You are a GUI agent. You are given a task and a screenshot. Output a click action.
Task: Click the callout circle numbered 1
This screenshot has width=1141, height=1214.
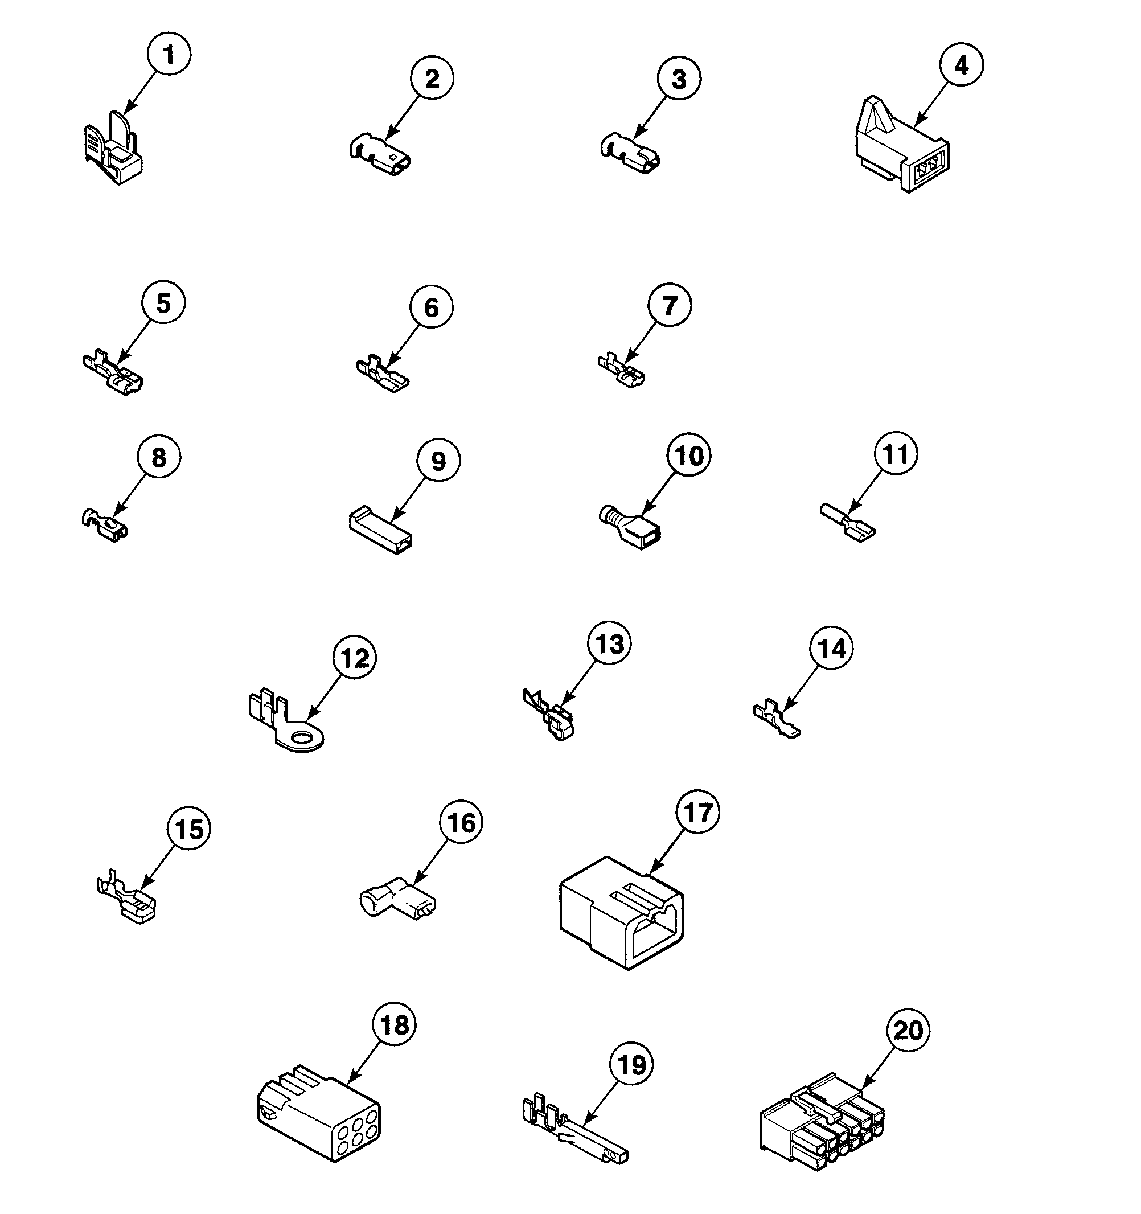169,54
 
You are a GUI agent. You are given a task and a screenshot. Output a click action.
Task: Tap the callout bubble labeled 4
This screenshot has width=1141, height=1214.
961,65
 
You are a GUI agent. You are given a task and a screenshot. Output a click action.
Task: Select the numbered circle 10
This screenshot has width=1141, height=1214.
689,456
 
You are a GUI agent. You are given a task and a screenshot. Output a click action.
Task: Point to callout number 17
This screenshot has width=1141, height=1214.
698,813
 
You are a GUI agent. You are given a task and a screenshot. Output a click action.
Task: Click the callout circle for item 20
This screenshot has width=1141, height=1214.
908,1030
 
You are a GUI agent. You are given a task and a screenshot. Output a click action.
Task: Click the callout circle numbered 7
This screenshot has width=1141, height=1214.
670,305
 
